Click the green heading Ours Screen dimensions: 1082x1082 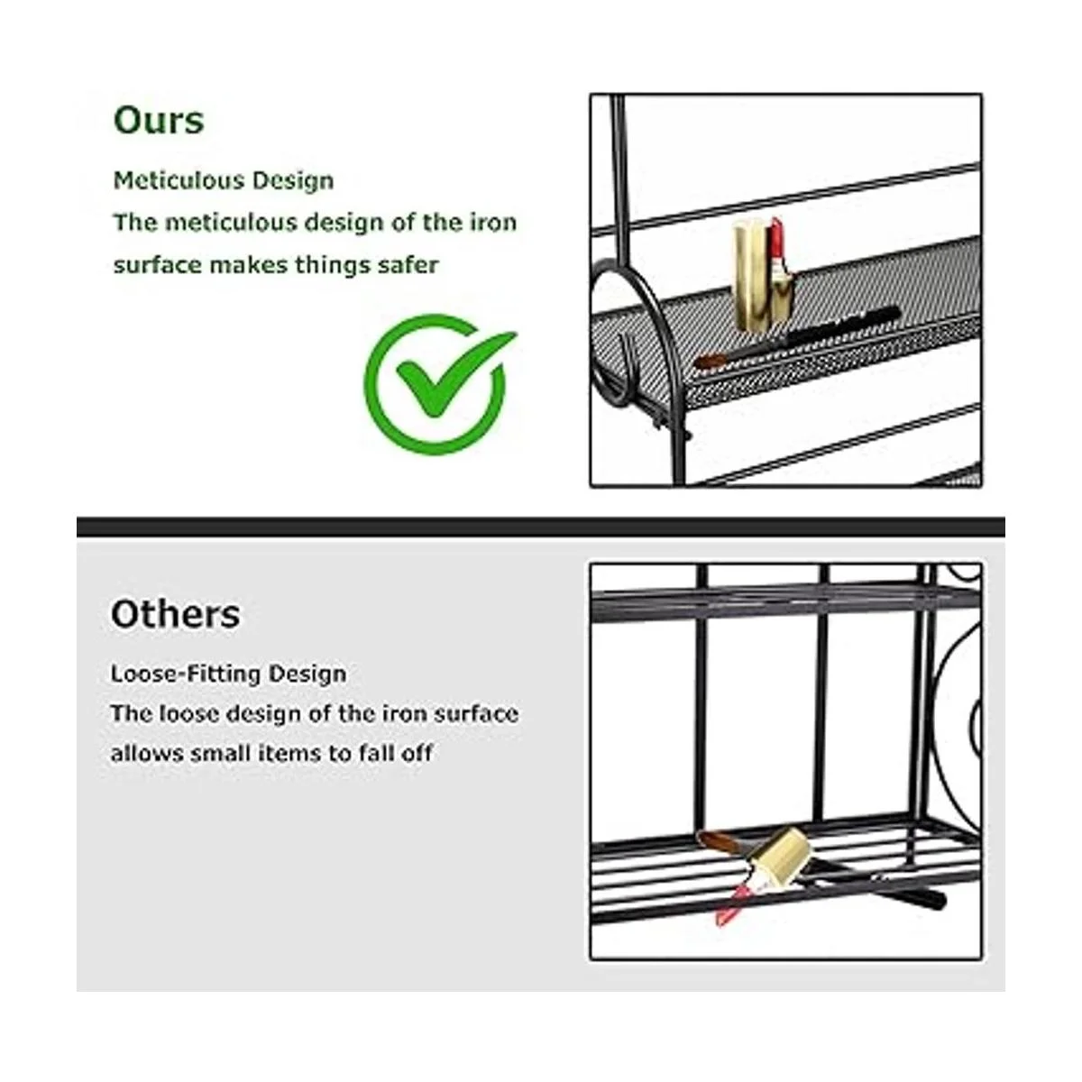click(x=159, y=120)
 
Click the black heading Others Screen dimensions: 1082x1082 click(x=175, y=614)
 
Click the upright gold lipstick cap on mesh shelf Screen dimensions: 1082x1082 click(x=751, y=274)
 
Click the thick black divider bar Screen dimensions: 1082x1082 click(x=541, y=527)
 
